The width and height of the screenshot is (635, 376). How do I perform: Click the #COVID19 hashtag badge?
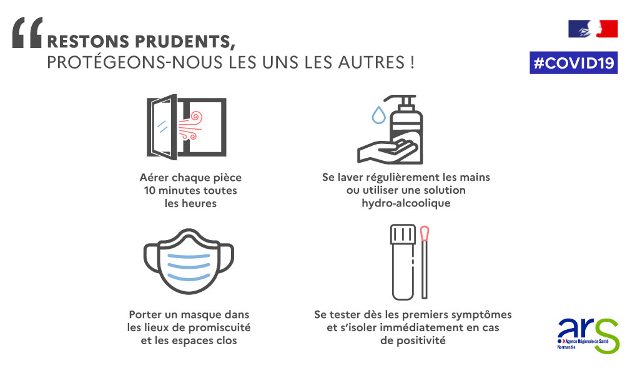pos(573,62)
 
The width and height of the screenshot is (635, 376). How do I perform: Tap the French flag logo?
pos(593,29)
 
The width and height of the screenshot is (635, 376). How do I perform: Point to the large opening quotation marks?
pos(27,33)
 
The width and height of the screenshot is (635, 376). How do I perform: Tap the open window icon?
pos(186,127)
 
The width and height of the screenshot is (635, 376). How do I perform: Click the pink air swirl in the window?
pos(190,126)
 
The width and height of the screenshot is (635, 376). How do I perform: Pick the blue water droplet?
pos(378,115)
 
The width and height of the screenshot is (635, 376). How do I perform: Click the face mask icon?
pos(189,261)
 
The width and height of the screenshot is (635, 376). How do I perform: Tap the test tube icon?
pos(403,262)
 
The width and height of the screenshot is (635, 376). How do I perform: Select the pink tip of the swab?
pos(425,233)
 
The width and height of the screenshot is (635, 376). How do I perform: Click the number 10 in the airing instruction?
pos(149,190)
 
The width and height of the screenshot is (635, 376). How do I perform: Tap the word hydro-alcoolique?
pos(406,203)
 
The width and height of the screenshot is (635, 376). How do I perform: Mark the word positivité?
pos(421,341)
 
